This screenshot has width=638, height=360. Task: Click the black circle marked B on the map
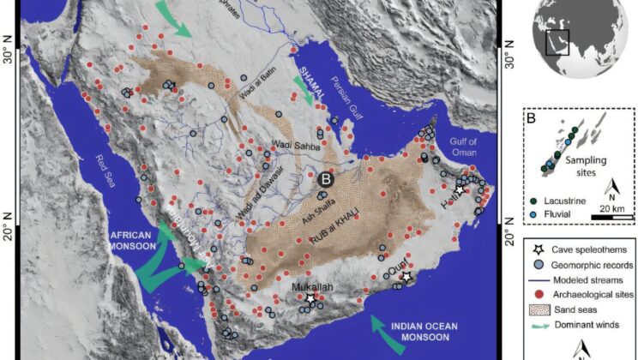click(x=325, y=180)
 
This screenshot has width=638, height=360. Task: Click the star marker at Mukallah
click(x=310, y=298)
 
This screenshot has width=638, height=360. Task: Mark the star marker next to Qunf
click(x=406, y=278)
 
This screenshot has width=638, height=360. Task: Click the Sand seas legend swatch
click(x=538, y=310)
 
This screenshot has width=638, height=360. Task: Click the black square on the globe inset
click(x=557, y=41)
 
